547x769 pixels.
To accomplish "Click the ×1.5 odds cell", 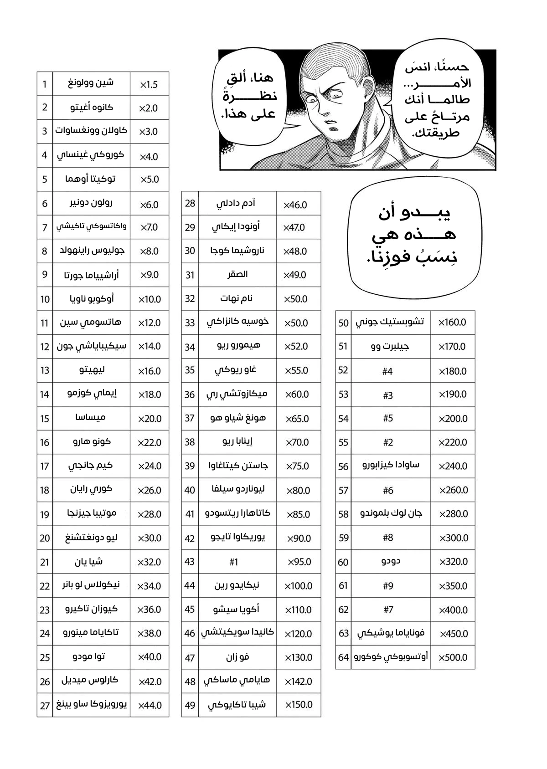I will tap(149, 85).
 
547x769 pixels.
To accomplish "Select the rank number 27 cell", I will tap(45, 706).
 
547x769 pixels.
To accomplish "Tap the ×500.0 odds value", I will tap(453, 657).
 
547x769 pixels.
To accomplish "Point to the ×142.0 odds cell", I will tap(299, 682).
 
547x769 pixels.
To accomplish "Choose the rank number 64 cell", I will tap(343, 657).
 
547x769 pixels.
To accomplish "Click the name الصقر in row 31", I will tap(237, 275).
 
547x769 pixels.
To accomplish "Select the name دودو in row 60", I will tap(391, 561).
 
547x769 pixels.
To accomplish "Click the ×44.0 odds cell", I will tap(150, 706).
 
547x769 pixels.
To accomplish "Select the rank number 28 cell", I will tap(190, 204).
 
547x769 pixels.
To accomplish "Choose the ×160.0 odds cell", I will tap(452, 323).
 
